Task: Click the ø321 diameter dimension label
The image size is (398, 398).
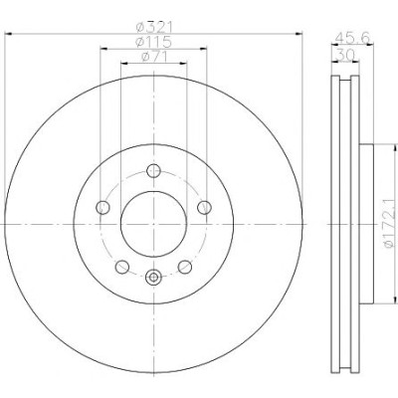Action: (x=155, y=27)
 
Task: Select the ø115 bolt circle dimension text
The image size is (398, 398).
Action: (x=153, y=42)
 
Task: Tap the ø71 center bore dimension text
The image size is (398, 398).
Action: (x=154, y=57)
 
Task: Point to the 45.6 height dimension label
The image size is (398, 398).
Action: (x=351, y=37)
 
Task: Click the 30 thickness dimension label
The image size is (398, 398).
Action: (x=345, y=54)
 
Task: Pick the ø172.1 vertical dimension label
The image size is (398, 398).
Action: (x=391, y=223)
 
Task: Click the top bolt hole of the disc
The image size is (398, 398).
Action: (x=153, y=171)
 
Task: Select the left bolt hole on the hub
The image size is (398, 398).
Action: (x=102, y=208)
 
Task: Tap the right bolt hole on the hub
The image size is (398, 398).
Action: (x=204, y=208)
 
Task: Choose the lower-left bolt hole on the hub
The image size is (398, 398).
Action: (x=122, y=267)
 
